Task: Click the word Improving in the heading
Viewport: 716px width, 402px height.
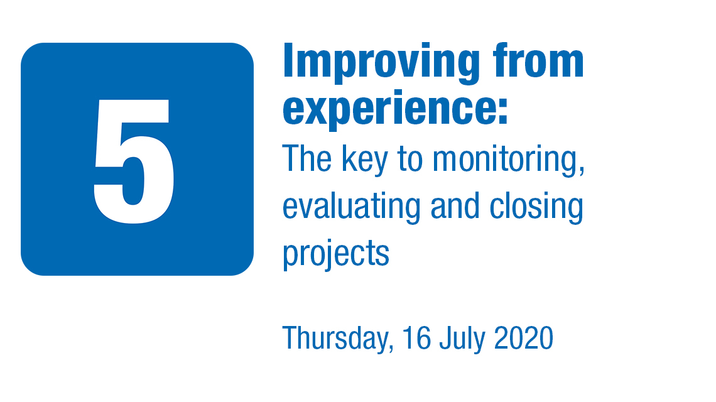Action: [381, 63]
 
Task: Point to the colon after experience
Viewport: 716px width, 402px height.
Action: [502, 111]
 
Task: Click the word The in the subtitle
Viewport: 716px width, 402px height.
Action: [307, 158]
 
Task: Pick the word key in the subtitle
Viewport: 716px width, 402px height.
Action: [365, 160]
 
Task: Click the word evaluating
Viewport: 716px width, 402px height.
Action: [351, 207]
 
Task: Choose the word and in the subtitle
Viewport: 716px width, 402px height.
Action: [455, 205]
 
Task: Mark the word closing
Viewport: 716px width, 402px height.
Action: [536, 207]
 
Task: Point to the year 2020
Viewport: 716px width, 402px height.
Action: [524, 338]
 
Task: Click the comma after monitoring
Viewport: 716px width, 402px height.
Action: [582, 171]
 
